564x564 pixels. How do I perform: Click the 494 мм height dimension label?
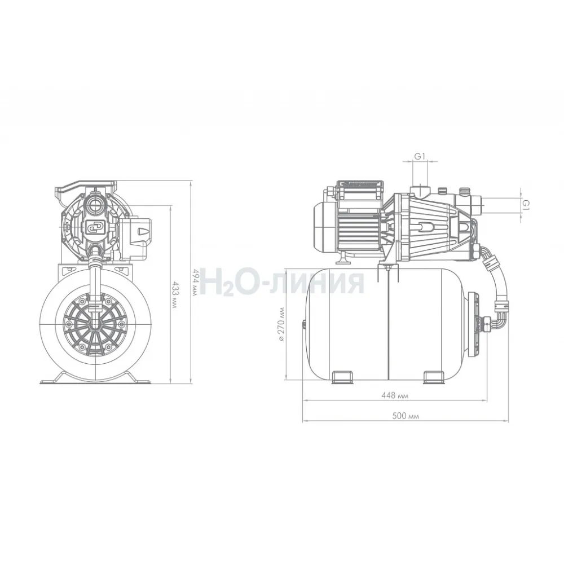[x=195, y=283]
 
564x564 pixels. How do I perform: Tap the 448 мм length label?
[x=395, y=396]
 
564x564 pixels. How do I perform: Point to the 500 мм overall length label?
[x=406, y=416]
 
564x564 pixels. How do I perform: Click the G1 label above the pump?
[x=420, y=156]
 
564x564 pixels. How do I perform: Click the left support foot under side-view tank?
[x=342, y=377]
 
